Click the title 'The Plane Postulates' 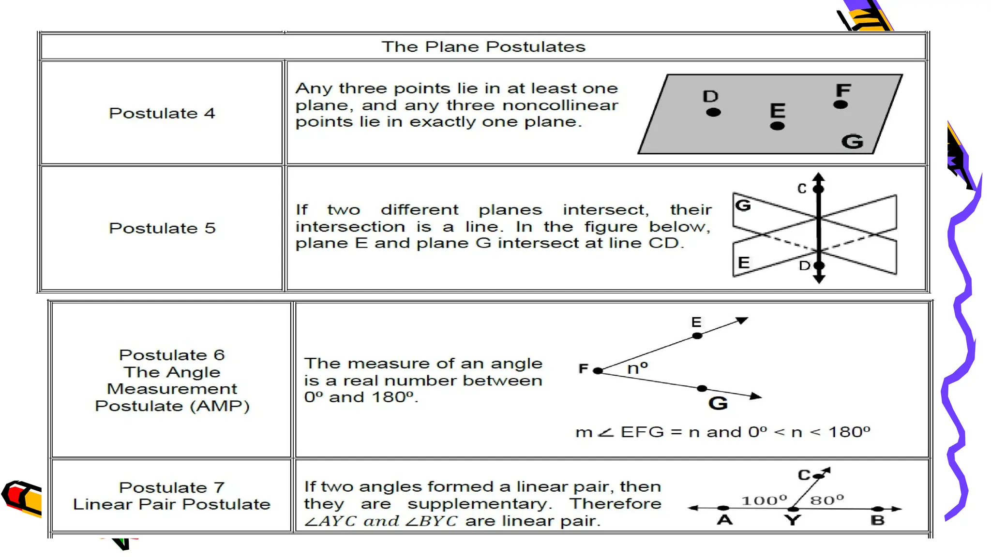483,47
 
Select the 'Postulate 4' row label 162,113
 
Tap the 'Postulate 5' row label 162,228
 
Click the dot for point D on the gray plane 713,112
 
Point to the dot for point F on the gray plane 841,104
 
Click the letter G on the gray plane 852,142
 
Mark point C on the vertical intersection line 818,189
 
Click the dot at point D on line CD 819,265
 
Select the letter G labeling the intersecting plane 743,205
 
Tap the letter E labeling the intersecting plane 744,263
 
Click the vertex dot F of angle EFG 598,371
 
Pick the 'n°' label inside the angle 637,368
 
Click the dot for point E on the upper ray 697,336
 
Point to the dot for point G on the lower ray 702,388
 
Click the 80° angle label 827,500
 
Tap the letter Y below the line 793,520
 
